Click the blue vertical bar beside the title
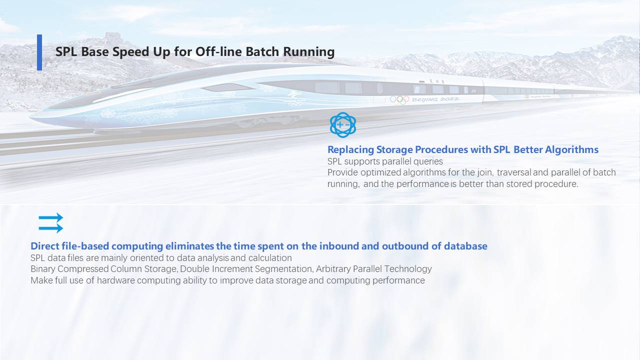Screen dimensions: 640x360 tap(39, 52)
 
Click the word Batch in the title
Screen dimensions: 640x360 tap(262, 51)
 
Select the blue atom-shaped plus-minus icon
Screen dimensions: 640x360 tap(343, 125)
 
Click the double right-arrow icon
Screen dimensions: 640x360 tap(51, 223)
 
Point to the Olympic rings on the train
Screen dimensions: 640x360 tap(399, 99)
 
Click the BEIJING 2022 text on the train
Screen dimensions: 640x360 tap(435, 99)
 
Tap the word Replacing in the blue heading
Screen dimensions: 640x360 tap(350, 149)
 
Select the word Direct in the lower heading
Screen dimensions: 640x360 tap(44, 246)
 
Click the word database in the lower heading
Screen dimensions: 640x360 tap(465, 246)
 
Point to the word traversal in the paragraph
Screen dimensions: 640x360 tap(513, 172)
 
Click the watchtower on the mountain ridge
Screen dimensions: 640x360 tap(113, 37)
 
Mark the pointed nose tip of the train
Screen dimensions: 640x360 tap(31, 116)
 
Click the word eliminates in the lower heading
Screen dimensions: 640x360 tap(189, 246)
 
